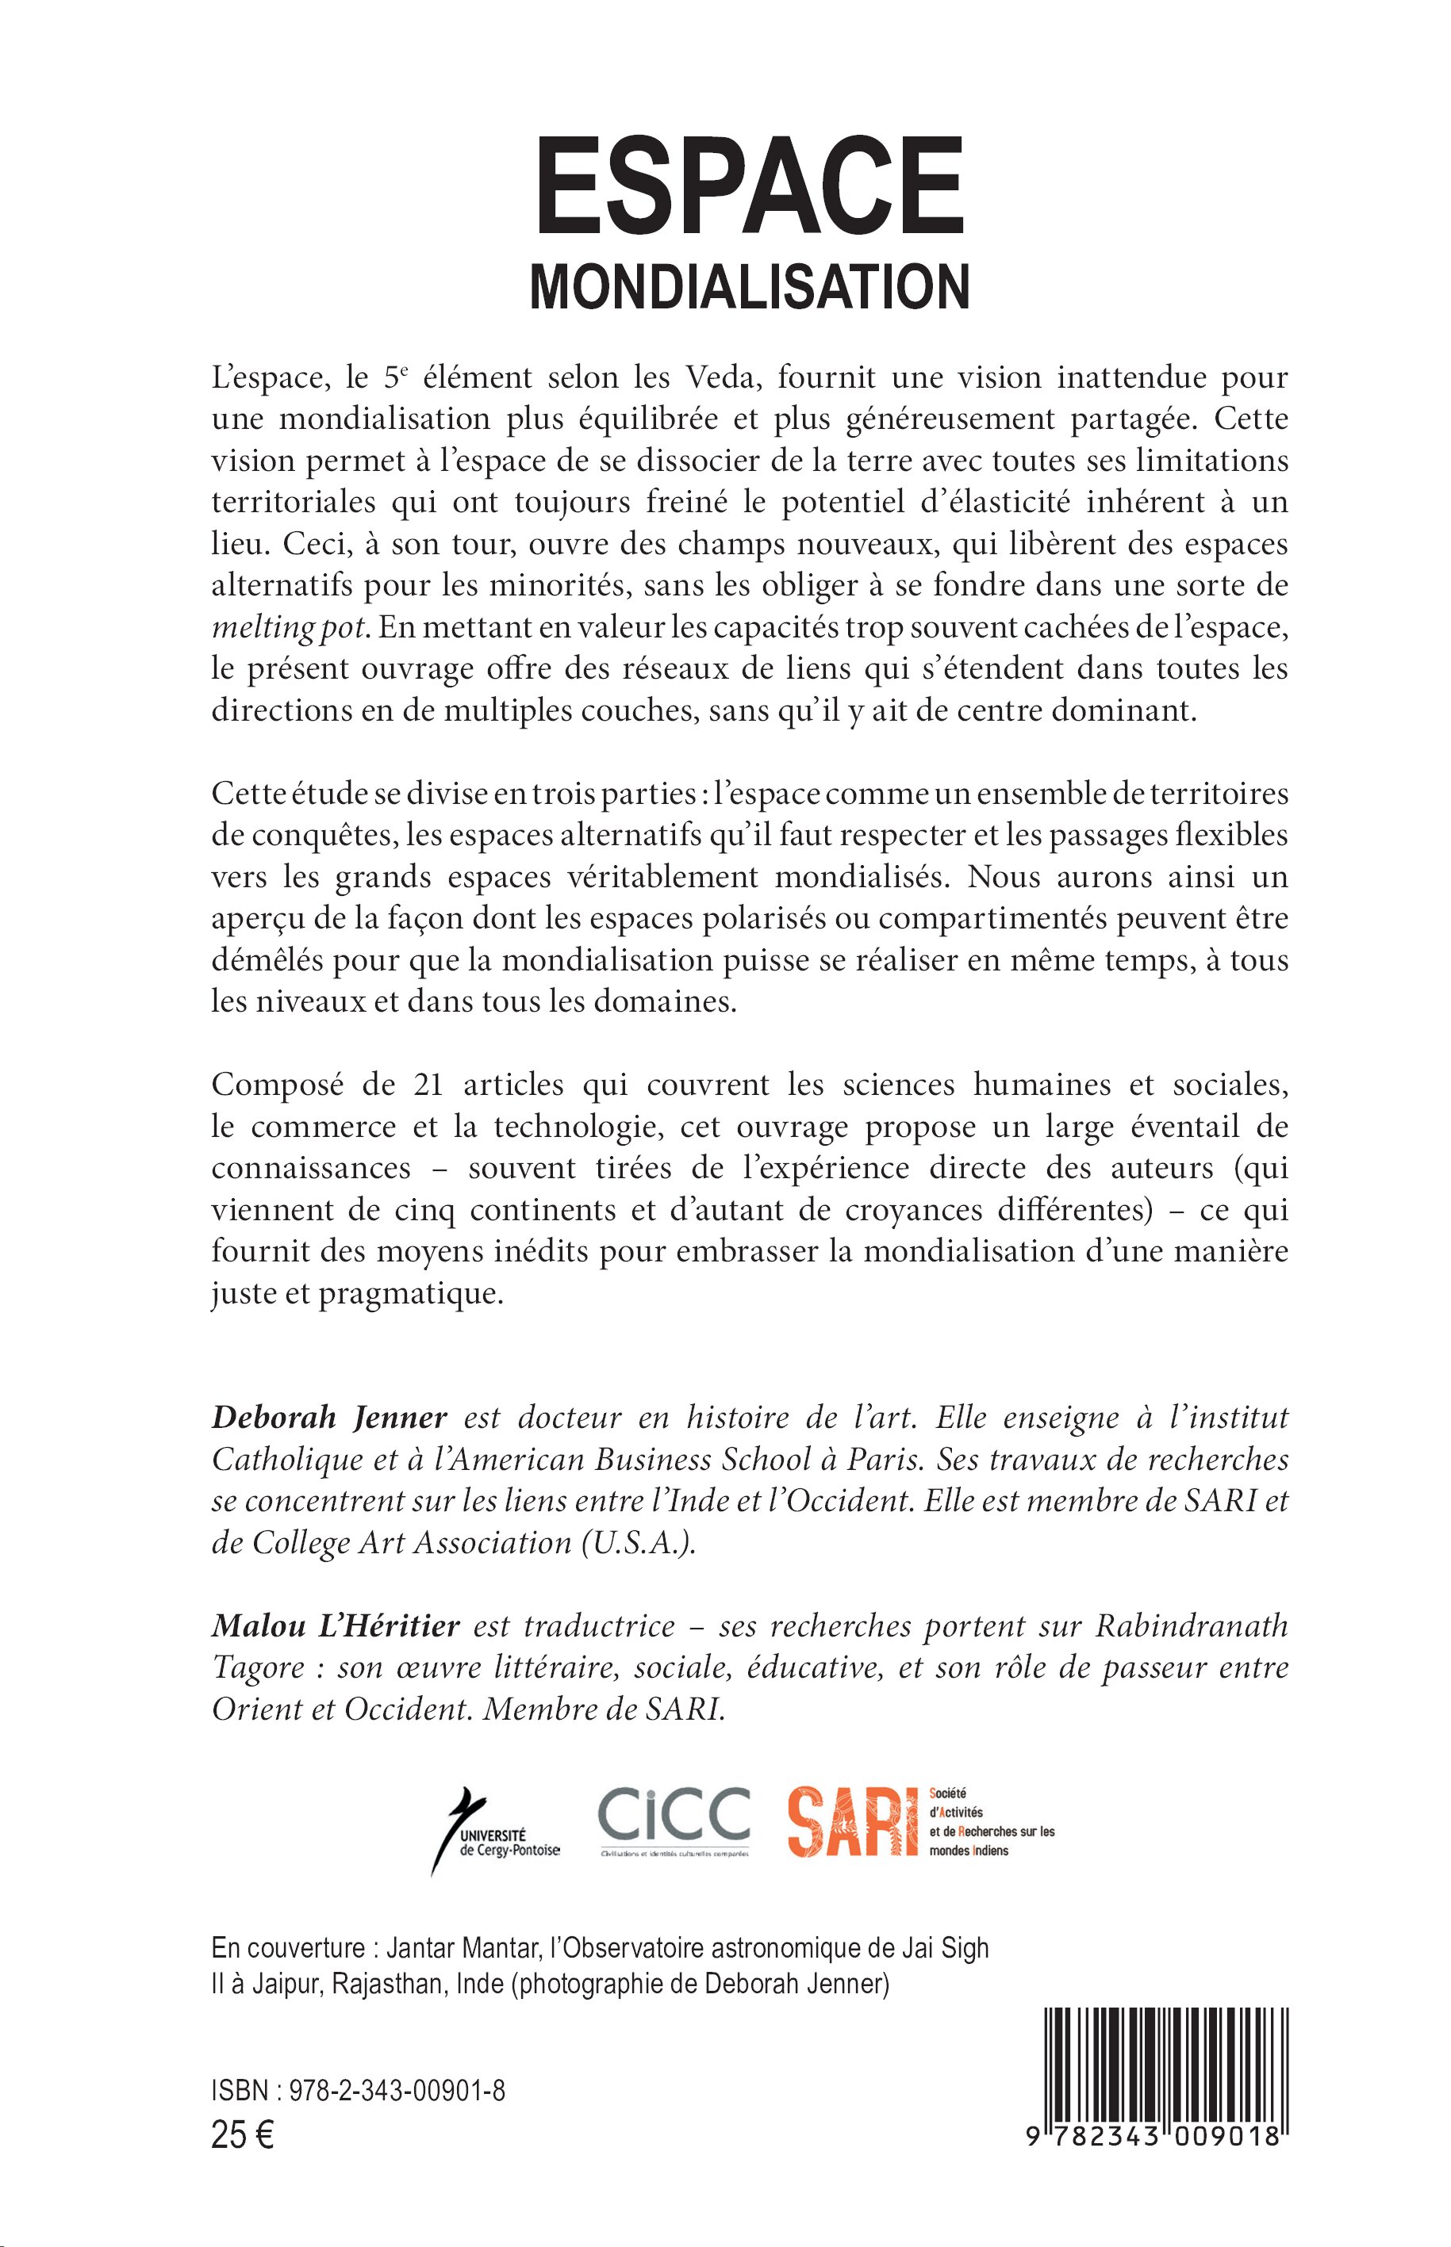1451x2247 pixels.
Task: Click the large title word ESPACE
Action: point(750,187)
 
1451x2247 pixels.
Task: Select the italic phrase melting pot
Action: point(287,627)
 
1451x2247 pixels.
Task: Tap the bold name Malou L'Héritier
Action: point(336,1626)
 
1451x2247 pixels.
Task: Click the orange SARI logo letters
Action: point(853,1821)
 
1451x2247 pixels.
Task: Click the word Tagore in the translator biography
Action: point(259,1669)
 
